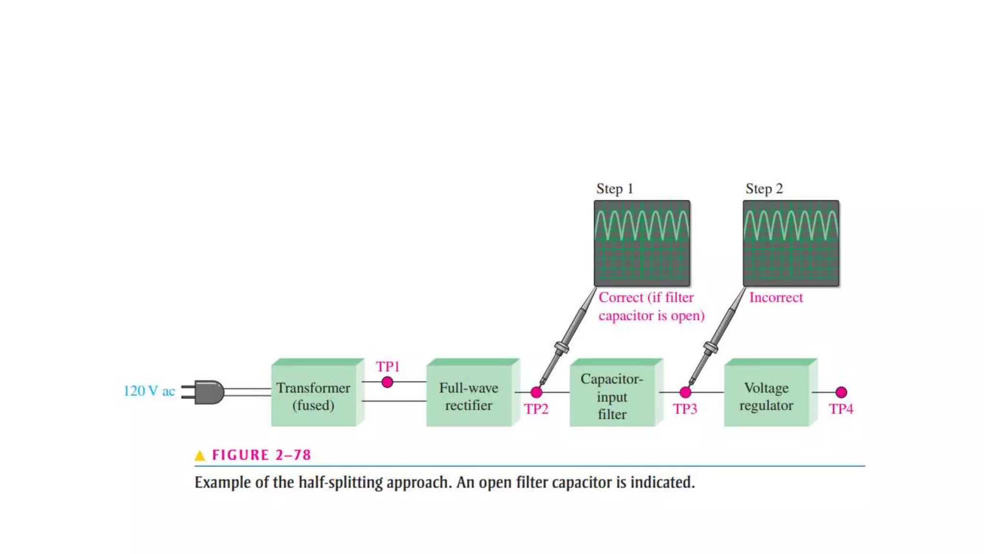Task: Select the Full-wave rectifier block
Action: [x=468, y=396]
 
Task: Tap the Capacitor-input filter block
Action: [x=612, y=396]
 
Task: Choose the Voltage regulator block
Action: [x=766, y=396]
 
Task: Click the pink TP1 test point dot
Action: [x=387, y=382]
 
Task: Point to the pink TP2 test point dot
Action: [x=536, y=392]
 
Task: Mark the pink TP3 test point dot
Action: [x=686, y=392]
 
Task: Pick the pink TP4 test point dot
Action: [x=841, y=392]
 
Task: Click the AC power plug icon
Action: [x=204, y=392]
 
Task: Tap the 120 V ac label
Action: [x=149, y=391]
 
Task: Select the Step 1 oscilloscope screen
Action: [x=642, y=243]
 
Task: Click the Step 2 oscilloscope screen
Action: [x=791, y=243]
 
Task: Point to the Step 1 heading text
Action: [x=615, y=189]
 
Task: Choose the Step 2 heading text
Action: [x=764, y=189]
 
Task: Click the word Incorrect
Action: [x=776, y=298]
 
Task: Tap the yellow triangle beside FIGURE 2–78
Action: [x=200, y=455]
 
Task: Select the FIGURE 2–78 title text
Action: [x=261, y=455]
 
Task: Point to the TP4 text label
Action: [x=841, y=409]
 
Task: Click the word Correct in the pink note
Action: [x=621, y=298]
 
